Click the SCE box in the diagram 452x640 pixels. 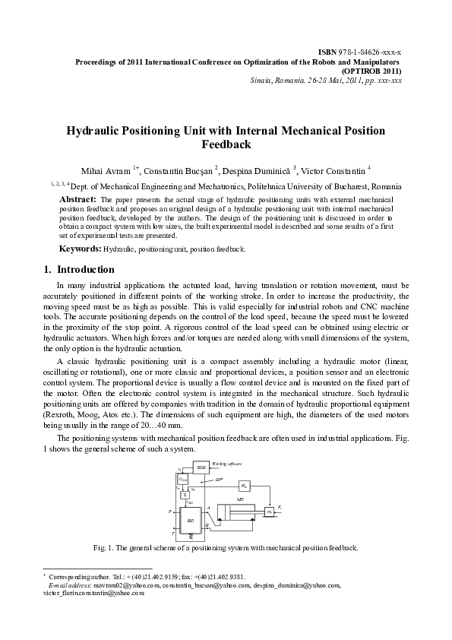point(201,467)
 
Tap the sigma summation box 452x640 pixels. point(184,495)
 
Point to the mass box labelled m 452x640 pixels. point(270,512)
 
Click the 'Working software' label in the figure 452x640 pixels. point(226,462)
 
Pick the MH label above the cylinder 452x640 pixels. point(240,499)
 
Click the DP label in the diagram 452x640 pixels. point(219,480)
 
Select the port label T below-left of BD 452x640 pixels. point(174,534)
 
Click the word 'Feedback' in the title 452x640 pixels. point(226,144)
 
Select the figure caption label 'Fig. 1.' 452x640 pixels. point(103,547)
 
